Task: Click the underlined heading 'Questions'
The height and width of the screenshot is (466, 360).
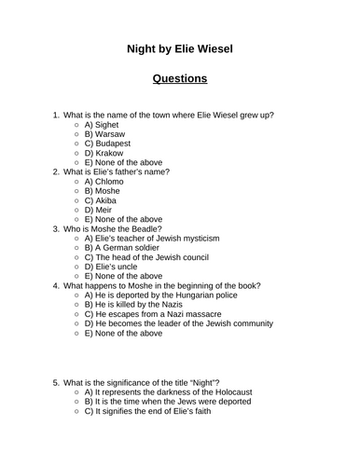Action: point(180,78)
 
